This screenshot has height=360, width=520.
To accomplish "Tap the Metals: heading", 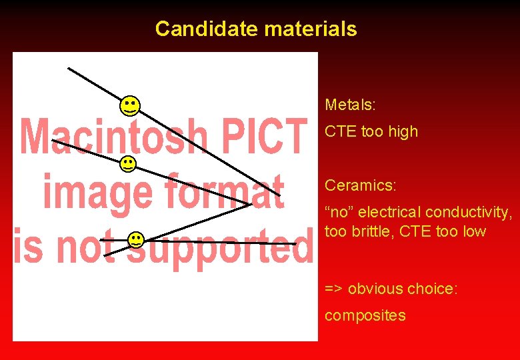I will (x=350, y=105).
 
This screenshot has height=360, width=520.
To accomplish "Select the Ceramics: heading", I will (x=359, y=185).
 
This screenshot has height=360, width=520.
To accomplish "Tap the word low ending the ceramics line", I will (x=475, y=232).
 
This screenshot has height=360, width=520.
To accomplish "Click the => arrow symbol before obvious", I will (x=334, y=289).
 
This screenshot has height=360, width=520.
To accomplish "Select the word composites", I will (x=365, y=315).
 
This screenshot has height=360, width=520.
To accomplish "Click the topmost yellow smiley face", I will (x=130, y=105).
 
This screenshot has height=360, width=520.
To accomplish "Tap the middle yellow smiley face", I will (x=127, y=163).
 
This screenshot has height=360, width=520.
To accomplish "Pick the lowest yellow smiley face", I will (x=135, y=240).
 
